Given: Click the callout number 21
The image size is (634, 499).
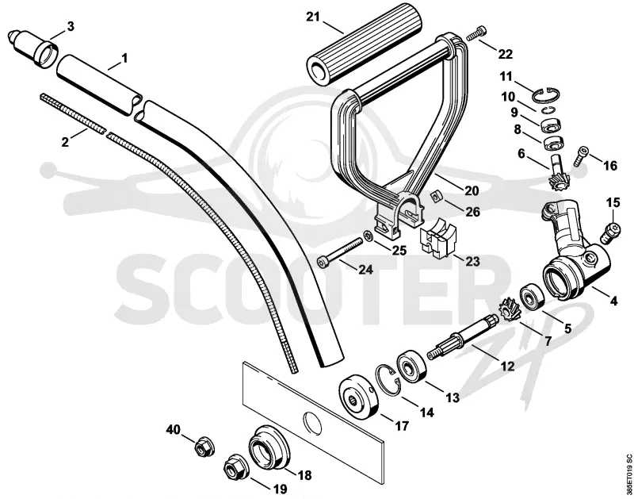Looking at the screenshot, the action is click(x=312, y=17).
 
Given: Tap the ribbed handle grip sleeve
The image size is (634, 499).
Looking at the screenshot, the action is click(x=364, y=44).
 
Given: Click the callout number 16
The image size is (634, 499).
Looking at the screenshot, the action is click(x=610, y=166).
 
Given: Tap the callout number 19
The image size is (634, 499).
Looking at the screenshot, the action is click(x=279, y=489).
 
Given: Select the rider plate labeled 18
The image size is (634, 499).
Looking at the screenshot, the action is click(x=269, y=450).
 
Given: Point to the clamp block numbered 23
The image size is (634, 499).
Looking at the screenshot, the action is click(x=439, y=238).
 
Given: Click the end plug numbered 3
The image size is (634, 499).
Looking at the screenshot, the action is click(x=33, y=47).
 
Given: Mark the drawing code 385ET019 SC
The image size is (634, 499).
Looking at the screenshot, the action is click(x=628, y=474).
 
